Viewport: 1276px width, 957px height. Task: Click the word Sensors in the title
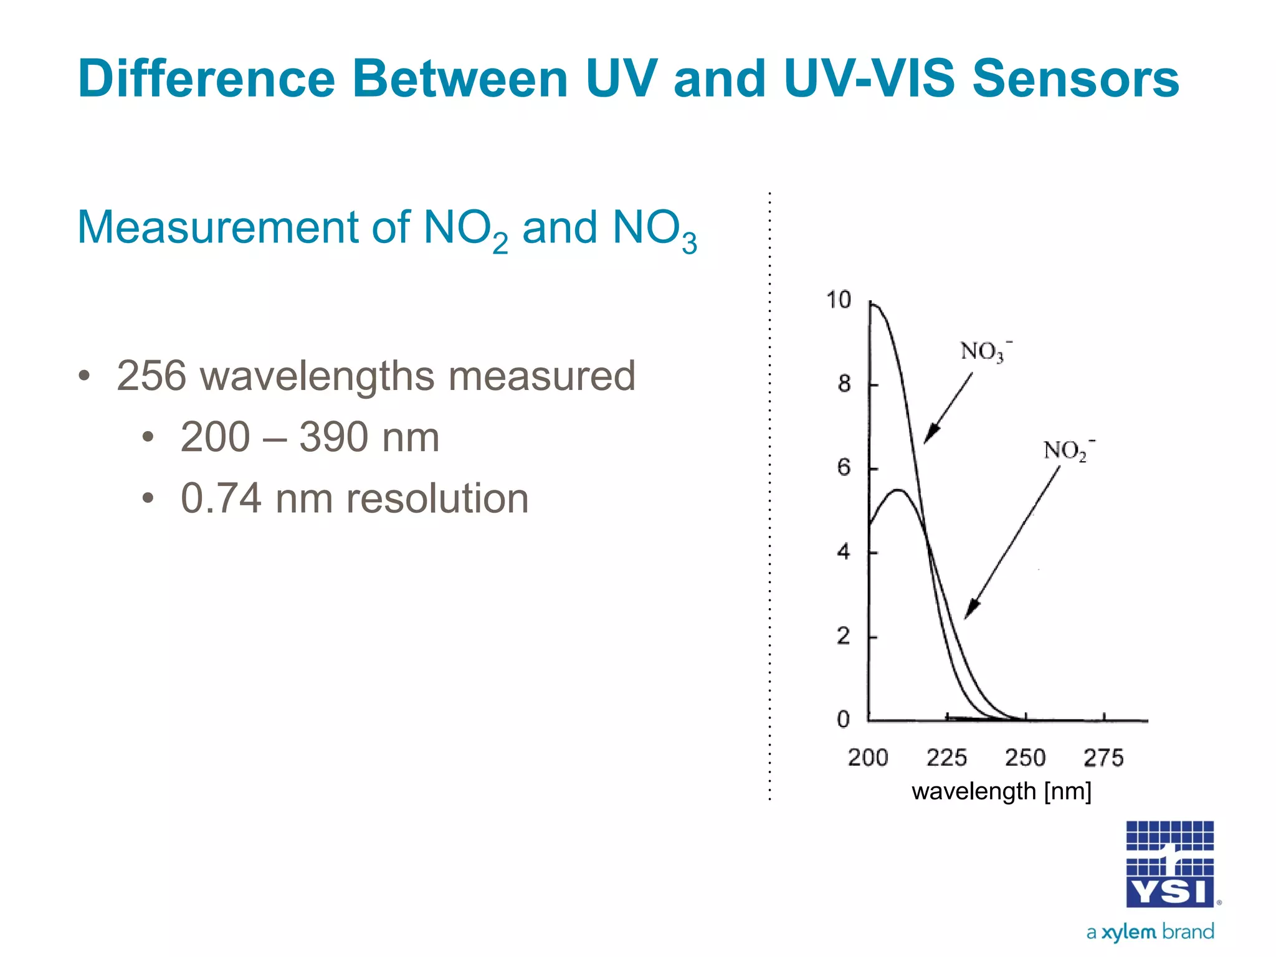[1075, 79]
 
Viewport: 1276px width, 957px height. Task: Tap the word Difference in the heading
[206, 79]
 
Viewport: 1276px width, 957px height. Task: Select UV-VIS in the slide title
[869, 79]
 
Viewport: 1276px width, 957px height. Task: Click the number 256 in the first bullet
[151, 376]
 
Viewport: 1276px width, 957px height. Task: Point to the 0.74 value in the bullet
[221, 498]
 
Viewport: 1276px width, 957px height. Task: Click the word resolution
[437, 498]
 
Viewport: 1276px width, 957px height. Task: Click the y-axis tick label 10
[839, 300]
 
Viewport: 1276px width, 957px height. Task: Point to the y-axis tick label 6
[843, 467]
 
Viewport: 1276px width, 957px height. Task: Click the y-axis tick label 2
[843, 636]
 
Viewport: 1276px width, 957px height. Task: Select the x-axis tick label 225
[946, 758]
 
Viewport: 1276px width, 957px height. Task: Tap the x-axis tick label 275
[1103, 758]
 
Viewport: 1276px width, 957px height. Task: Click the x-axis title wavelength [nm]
[1001, 792]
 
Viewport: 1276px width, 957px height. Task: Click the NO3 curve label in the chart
[984, 351]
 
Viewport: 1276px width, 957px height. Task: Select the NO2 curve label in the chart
[1067, 450]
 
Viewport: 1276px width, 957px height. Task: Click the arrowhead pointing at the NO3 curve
[930, 435]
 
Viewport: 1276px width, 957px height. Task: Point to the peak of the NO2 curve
[898, 490]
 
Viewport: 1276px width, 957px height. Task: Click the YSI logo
[1169, 864]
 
